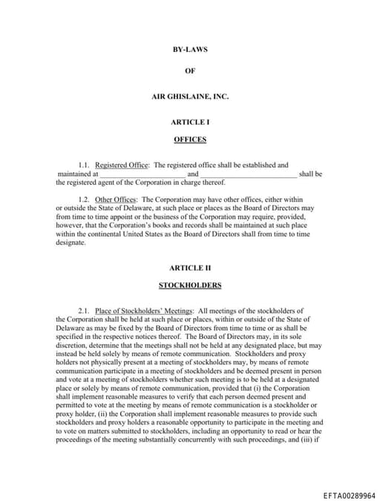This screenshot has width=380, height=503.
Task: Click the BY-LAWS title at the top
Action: pos(190,50)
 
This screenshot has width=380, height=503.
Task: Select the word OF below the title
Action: pos(190,73)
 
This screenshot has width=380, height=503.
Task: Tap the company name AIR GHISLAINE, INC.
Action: pos(190,96)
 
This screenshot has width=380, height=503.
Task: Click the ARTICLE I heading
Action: pos(190,121)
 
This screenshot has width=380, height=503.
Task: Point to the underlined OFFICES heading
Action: pos(190,139)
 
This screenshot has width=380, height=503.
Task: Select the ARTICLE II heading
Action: pos(190,267)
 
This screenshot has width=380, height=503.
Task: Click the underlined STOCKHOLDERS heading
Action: pos(190,285)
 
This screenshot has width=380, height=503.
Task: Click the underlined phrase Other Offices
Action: pos(116,200)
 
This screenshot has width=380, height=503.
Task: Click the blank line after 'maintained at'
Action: pos(142,174)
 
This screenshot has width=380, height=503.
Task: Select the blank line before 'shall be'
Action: pos(248,174)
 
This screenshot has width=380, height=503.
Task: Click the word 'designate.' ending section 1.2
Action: pos(71,243)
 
